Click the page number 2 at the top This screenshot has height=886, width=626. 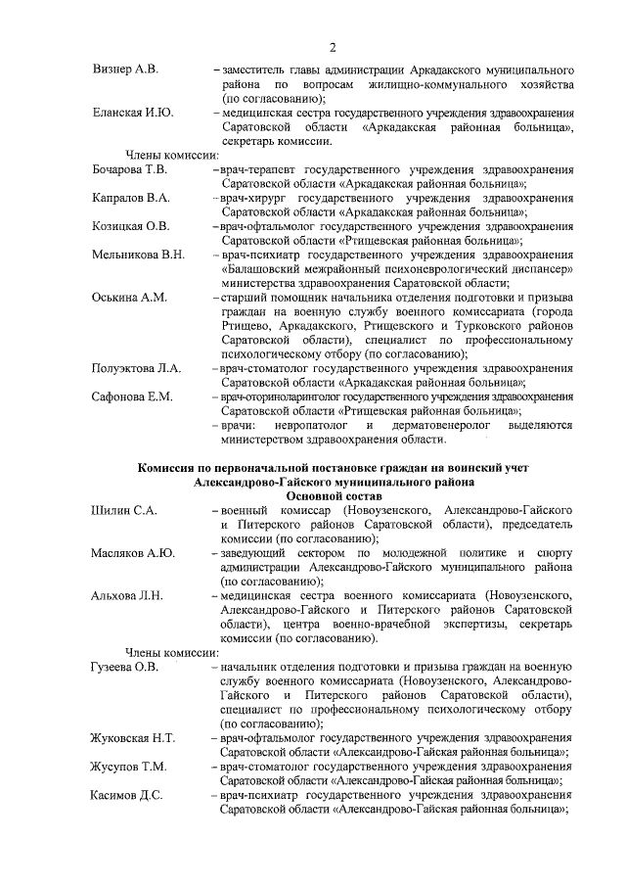(x=333, y=47)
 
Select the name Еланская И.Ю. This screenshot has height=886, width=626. (x=132, y=114)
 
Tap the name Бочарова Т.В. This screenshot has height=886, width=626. (x=130, y=170)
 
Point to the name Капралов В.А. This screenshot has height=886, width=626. (x=130, y=199)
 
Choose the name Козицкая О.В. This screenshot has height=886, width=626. (x=130, y=227)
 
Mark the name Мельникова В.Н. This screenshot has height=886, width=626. (x=137, y=256)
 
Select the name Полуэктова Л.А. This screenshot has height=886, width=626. (x=136, y=369)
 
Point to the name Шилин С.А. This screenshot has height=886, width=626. (x=123, y=511)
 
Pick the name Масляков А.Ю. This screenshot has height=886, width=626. (x=132, y=553)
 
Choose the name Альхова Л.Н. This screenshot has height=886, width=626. (x=126, y=596)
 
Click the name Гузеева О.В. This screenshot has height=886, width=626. (x=124, y=668)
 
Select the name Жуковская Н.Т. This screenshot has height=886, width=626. (x=133, y=738)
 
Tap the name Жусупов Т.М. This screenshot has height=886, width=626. (x=128, y=767)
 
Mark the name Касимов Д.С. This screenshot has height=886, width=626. (x=128, y=795)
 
